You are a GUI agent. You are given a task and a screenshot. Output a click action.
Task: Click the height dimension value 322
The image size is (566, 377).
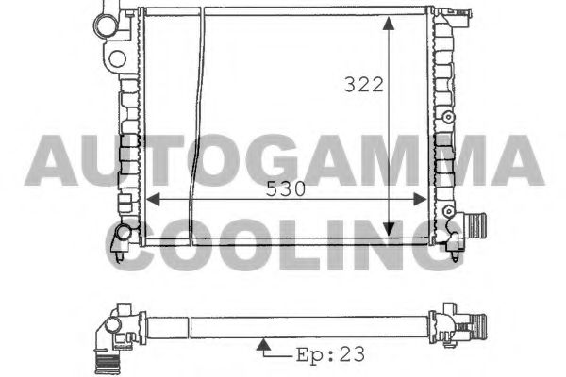point(363,85)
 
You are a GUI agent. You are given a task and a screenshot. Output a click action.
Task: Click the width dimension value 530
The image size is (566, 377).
point(286,188)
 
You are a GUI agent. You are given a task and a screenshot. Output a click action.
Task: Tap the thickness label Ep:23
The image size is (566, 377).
point(330,354)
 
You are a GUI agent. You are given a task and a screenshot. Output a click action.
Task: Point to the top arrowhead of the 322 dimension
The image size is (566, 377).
point(389,23)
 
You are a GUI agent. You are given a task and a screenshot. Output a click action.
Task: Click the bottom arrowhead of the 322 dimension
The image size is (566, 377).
point(389,229)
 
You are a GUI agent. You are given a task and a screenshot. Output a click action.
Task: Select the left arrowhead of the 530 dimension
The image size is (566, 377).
point(154,199)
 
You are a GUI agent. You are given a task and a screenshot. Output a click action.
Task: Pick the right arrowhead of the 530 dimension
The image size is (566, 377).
point(420,199)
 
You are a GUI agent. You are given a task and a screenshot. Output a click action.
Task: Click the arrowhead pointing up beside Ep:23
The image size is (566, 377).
point(264,344)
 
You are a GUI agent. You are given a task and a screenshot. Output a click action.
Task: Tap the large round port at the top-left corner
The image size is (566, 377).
point(106,26)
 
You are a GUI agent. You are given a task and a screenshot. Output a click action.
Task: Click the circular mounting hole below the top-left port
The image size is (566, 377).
point(117,58)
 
